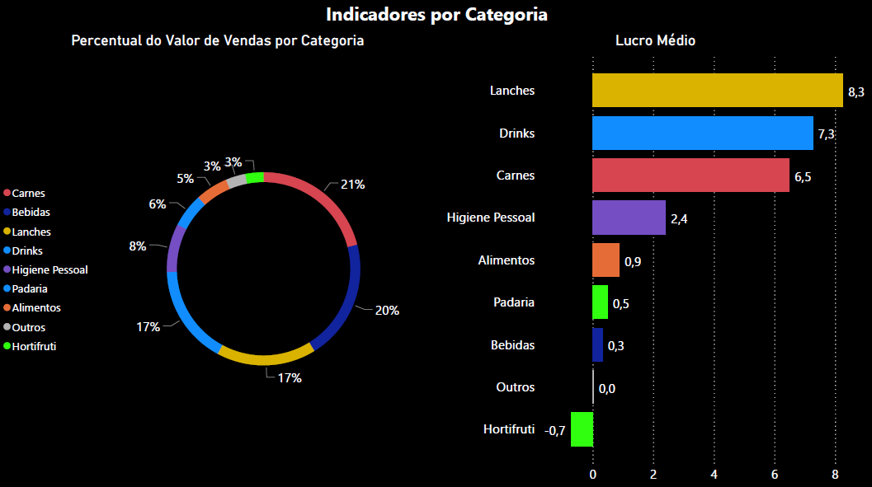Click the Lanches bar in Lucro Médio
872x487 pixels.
click(716, 90)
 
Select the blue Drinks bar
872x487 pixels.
click(702, 133)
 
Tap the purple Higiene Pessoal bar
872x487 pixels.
click(629, 218)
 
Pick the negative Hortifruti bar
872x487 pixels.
click(582, 429)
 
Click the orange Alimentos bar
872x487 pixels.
click(606, 260)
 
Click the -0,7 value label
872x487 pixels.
click(555, 430)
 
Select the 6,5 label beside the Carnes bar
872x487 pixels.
click(804, 176)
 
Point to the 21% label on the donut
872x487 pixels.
click(352, 185)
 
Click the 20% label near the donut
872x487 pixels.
click(387, 311)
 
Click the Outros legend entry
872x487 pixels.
click(29, 327)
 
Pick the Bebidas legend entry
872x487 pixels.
click(31, 213)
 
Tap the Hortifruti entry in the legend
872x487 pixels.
click(34, 346)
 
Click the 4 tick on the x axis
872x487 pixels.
click(714, 475)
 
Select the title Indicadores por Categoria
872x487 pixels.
click(436, 14)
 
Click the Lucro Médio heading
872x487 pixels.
click(655, 40)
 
